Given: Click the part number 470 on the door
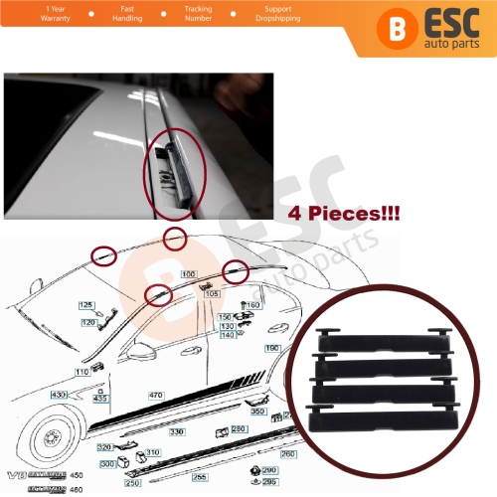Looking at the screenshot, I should click(155, 395).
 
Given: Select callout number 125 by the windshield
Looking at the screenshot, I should click(85, 304).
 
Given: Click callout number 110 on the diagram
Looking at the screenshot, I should click(83, 370).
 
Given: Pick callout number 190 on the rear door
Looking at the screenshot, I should click(272, 348).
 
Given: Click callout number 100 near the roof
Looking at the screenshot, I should click(188, 272).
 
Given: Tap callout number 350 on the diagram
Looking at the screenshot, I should click(257, 411).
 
